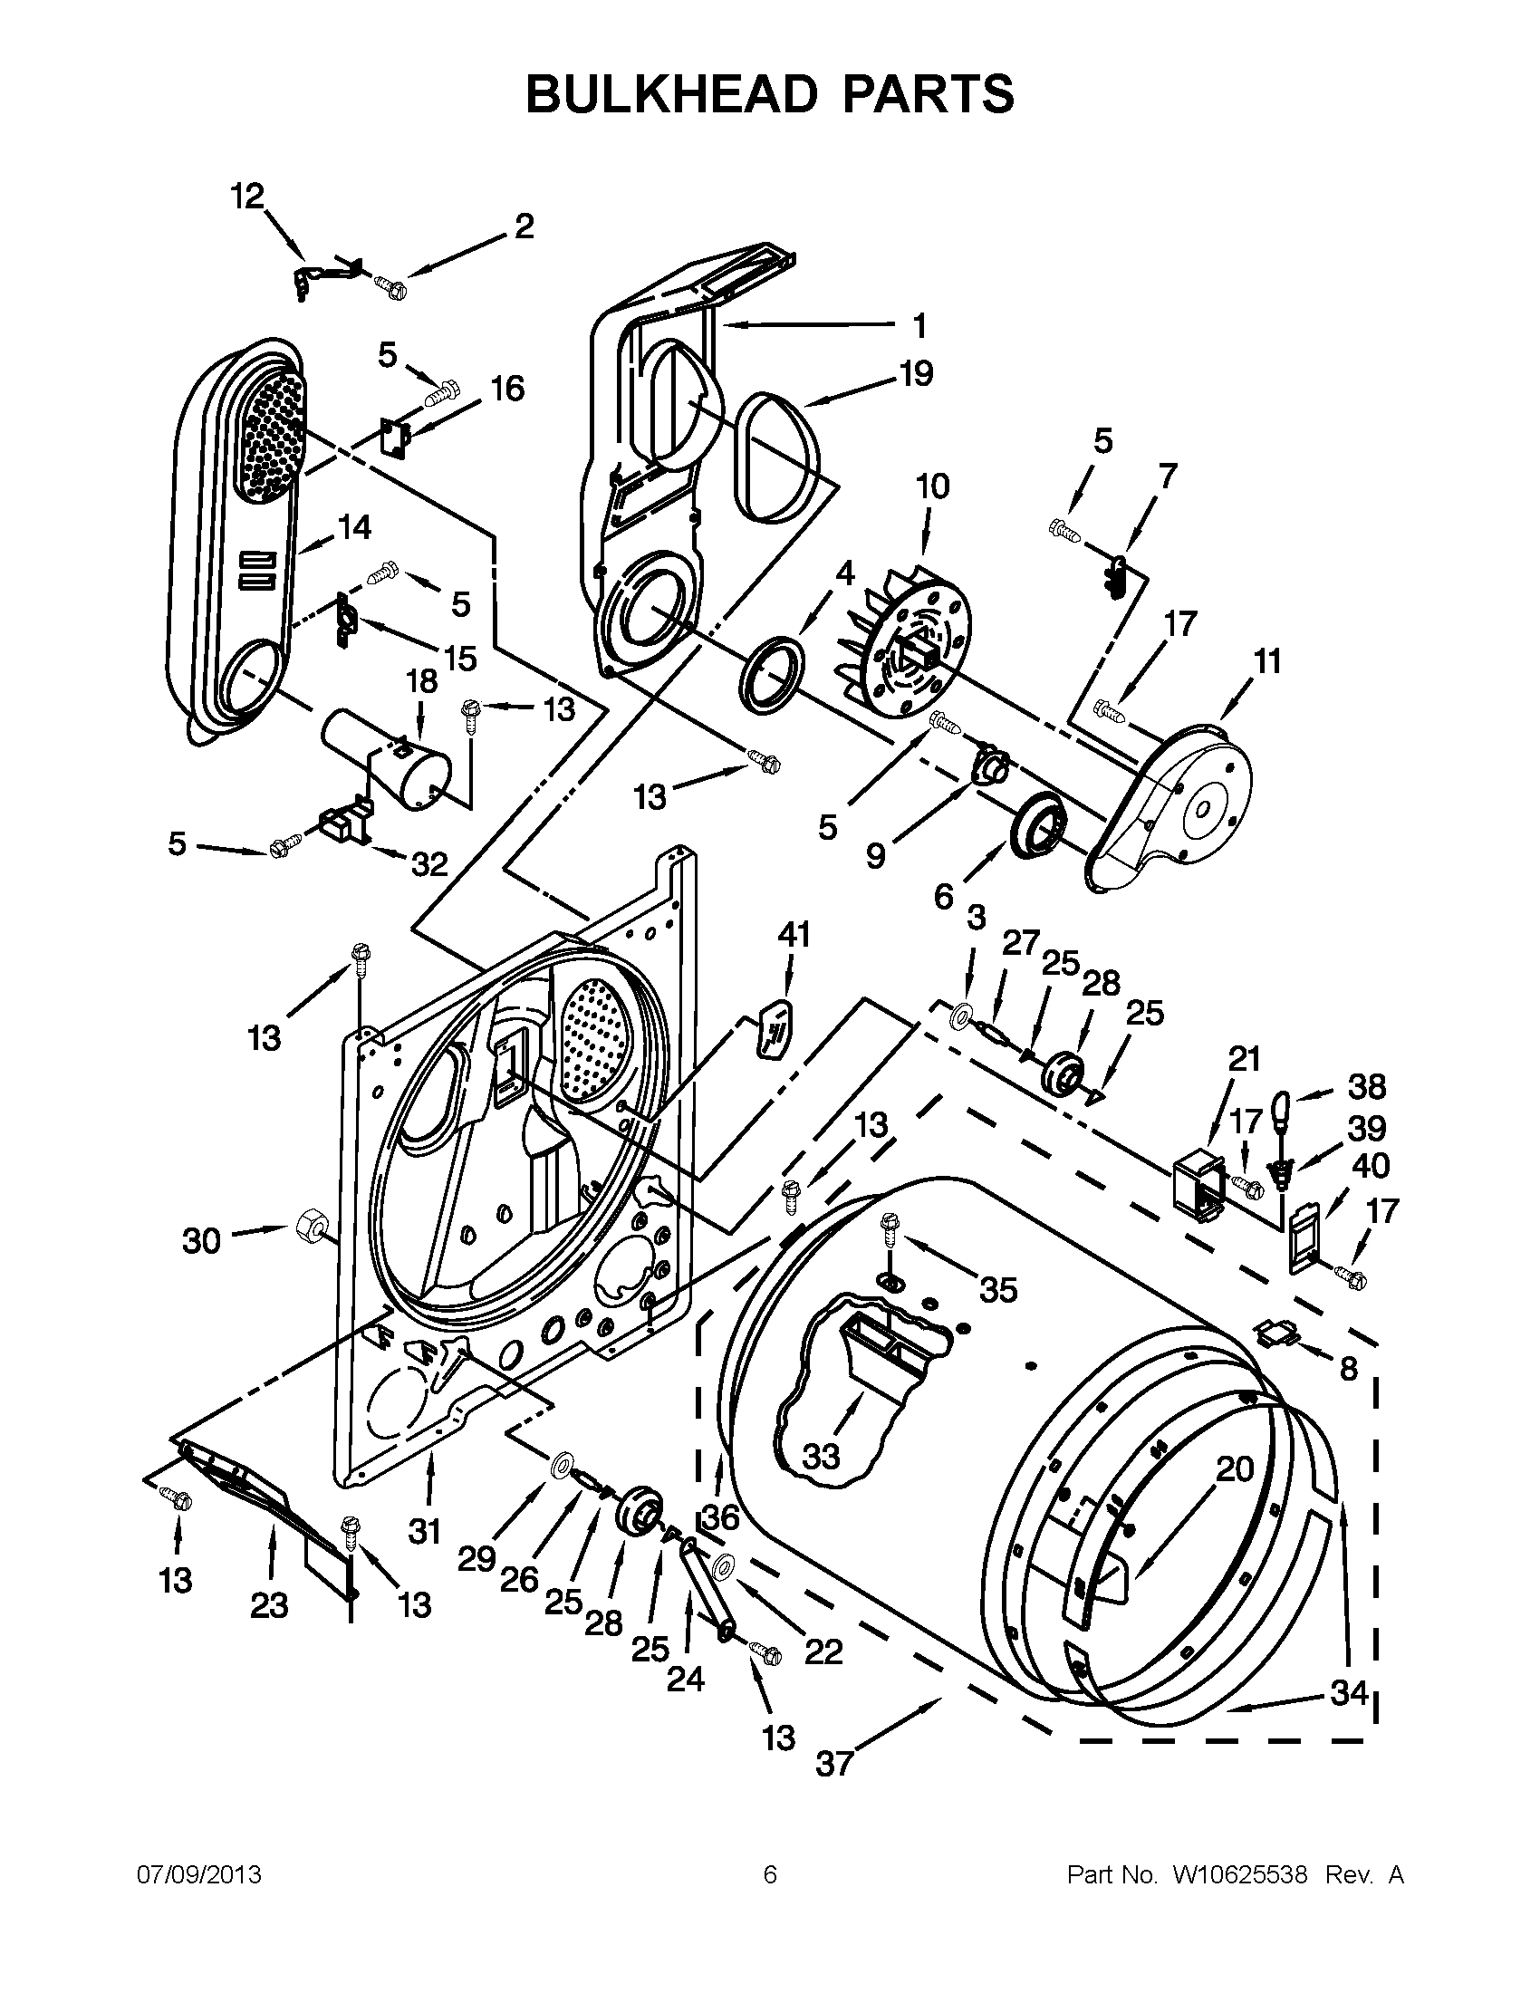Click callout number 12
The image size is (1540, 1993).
(246, 196)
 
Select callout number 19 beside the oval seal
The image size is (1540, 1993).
(916, 373)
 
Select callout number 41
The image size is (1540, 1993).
(793, 936)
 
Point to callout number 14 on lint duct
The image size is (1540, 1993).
(355, 527)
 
